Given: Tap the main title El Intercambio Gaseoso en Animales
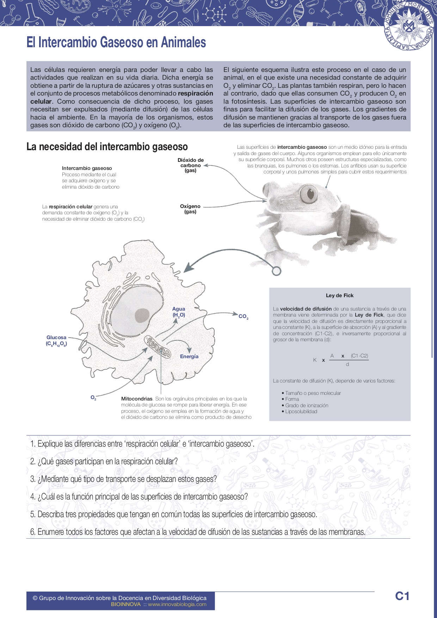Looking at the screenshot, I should (x=116, y=43).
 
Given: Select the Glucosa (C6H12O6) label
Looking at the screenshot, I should (x=56, y=341).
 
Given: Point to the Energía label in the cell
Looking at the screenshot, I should (x=189, y=356).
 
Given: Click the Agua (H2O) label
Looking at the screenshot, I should (x=179, y=312).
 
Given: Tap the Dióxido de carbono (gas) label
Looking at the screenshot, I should (x=191, y=165).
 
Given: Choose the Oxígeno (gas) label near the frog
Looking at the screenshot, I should (x=190, y=209).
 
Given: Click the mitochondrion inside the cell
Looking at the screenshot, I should (x=158, y=345).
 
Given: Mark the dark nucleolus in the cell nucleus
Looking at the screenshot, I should (x=142, y=315).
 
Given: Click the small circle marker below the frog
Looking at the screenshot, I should (x=277, y=271).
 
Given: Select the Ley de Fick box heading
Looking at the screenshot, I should (x=340, y=295).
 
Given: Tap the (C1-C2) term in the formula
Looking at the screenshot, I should (x=359, y=356).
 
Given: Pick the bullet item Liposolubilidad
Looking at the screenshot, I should (x=301, y=411).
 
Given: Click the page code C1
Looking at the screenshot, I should (x=402, y=596).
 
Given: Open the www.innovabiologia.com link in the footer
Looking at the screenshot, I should (x=177, y=604).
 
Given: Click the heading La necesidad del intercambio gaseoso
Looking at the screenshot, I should (x=107, y=147).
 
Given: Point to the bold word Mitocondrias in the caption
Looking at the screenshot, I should (x=137, y=399).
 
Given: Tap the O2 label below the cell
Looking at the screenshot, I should (x=93, y=398).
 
